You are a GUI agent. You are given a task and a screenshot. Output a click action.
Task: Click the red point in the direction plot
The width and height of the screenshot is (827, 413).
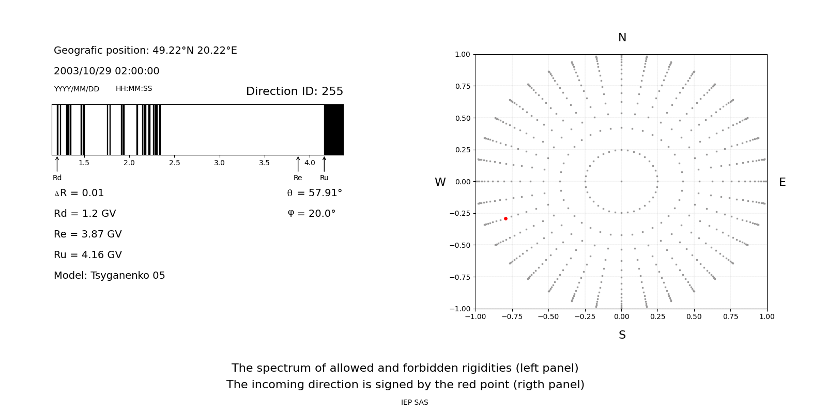tap(506, 219)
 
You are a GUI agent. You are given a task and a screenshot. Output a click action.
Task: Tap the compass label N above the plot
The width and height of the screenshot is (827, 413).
tap(622, 38)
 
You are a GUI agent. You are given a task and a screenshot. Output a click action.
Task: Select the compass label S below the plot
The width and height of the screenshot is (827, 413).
tap(622, 335)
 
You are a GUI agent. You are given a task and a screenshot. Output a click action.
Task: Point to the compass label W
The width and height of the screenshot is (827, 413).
tap(440, 182)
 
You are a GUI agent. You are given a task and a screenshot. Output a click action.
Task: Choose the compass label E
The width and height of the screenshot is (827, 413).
tap(782, 182)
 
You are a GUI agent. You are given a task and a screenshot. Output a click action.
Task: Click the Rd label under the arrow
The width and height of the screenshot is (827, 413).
tap(57, 178)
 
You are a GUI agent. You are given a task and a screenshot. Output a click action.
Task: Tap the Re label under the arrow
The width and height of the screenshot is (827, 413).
tap(298, 178)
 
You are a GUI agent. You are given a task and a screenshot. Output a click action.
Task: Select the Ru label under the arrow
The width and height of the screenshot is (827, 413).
tap(324, 178)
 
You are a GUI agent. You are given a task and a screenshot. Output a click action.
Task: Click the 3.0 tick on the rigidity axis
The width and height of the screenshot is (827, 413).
tap(219, 163)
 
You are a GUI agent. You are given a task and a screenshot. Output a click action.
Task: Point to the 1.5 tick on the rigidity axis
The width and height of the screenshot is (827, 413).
tap(84, 163)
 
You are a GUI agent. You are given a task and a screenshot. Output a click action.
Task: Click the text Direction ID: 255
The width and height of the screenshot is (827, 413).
tap(294, 91)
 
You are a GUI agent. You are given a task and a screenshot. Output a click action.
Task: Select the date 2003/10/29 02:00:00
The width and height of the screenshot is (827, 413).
tap(106, 71)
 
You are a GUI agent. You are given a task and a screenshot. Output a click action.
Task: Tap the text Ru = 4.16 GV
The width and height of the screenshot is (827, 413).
tap(88, 255)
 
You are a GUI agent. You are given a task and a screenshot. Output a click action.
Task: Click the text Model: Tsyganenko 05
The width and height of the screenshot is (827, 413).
tap(110, 276)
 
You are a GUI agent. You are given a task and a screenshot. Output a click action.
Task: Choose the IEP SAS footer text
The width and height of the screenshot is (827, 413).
tap(415, 402)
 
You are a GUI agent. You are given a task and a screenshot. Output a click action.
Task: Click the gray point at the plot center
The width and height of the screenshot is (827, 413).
tap(621, 181)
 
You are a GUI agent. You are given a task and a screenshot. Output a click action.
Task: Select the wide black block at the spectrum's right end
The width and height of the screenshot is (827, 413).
tap(333, 130)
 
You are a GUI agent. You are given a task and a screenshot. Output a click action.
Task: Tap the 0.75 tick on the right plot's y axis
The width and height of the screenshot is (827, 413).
tap(462, 86)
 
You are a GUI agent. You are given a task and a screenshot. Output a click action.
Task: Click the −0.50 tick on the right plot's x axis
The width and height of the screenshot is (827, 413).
tap(548, 316)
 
